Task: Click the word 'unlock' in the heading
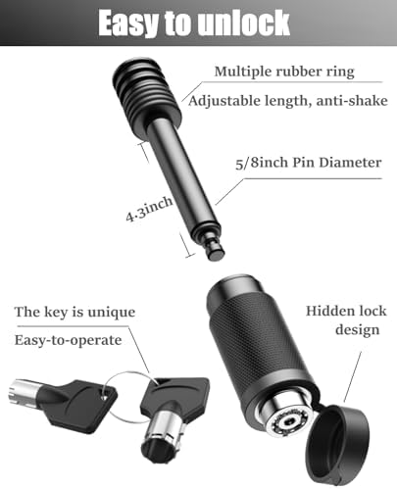point(244,23)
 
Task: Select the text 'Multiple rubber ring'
point(284,72)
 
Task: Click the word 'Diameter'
point(350,163)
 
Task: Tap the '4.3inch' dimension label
point(149,210)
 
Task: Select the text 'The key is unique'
point(74,312)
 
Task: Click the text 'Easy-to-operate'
point(69,340)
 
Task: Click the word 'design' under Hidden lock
point(358,329)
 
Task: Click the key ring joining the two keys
point(125,397)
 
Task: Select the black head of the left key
point(77,406)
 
